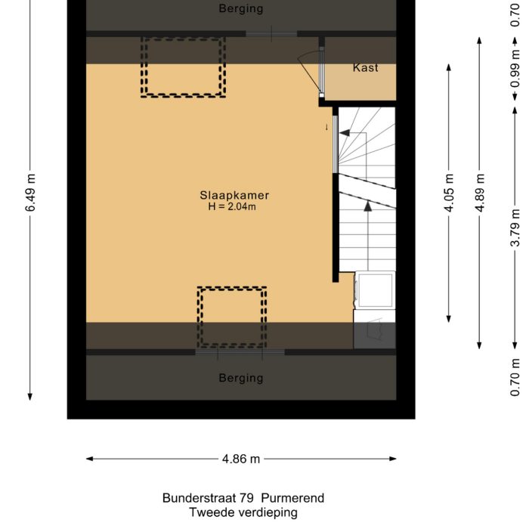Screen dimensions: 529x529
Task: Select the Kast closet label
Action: [x=366, y=68]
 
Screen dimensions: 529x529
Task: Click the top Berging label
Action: [x=241, y=9]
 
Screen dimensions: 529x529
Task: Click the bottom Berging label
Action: [x=241, y=378]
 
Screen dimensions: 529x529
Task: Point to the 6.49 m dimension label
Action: [x=31, y=193]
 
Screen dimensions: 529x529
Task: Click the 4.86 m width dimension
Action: [x=241, y=459]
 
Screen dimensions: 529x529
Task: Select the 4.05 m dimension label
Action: [x=450, y=193]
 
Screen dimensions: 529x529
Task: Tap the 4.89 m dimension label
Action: [x=479, y=193]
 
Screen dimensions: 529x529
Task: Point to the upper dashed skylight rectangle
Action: [x=184, y=67]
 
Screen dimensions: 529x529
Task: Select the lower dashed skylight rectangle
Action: [x=232, y=316]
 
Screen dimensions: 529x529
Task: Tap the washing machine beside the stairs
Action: [x=375, y=290]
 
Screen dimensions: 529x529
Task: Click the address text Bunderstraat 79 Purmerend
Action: [x=243, y=498]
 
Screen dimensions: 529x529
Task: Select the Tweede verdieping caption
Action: [x=243, y=513]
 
